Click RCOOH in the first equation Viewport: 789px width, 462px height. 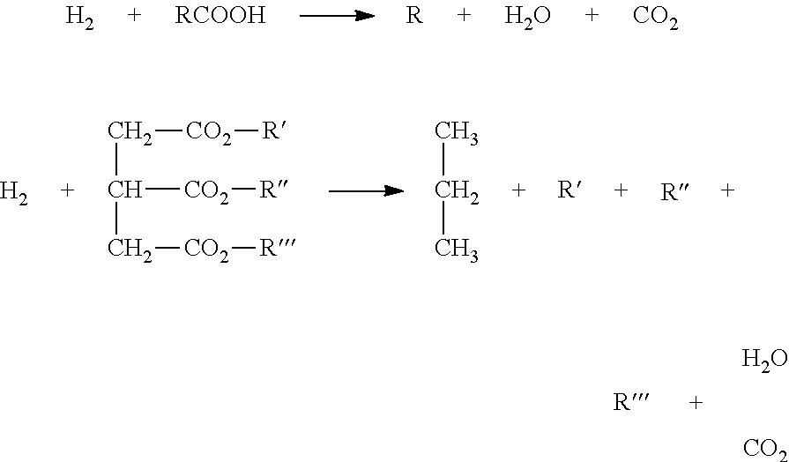(220, 16)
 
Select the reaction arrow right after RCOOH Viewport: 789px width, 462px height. (337, 16)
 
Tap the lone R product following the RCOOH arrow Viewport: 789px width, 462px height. (414, 16)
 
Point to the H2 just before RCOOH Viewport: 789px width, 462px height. (79, 19)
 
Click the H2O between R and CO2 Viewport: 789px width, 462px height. (527, 19)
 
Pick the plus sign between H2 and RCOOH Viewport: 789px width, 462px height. (134, 16)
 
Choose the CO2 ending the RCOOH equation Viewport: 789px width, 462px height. (656, 19)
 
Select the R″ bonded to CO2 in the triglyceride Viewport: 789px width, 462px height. (273, 190)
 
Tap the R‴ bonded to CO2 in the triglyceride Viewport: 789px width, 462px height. (276, 249)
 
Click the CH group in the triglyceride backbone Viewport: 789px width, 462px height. (125, 190)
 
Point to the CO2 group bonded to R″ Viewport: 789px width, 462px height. (207, 193)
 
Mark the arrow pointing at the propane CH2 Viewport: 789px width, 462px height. (367, 190)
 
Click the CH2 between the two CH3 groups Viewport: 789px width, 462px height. (457, 193)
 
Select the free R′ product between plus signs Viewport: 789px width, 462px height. (569, 190)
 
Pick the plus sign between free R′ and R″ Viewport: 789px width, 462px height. (622, 190)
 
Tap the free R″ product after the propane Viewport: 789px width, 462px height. (674, 191)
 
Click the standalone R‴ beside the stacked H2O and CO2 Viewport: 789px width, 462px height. (631, 403)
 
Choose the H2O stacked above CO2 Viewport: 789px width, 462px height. (765, 361)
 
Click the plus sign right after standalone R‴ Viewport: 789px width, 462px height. (696, 403)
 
